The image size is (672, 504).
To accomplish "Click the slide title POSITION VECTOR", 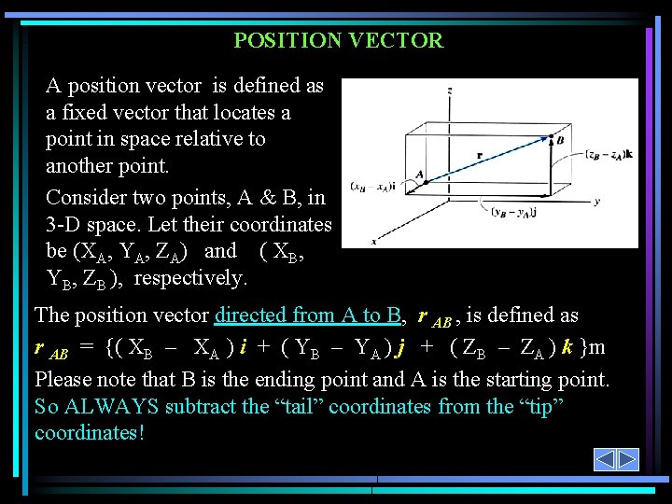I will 338,40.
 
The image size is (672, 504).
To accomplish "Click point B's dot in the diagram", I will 549,137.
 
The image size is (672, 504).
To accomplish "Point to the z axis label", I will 451,91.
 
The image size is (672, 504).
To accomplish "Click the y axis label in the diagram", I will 596,201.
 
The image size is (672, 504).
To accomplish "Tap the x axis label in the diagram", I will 374,241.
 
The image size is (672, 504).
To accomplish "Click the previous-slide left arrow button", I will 605,459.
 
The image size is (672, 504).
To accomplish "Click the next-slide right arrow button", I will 628,459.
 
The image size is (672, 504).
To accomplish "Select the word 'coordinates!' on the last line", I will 90,433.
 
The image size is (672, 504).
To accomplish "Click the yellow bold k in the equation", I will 567,348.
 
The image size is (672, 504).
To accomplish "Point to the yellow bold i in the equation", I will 243,348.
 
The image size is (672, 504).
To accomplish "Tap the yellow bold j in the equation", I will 400,348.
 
